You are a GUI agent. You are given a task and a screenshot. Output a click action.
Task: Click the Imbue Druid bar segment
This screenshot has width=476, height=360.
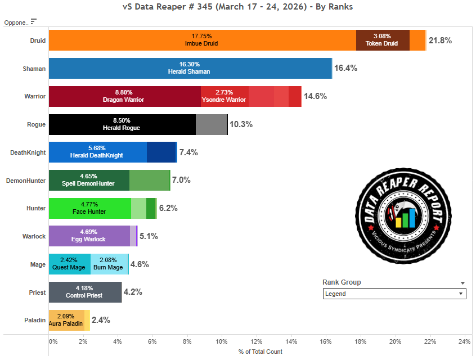(x=202, y=40)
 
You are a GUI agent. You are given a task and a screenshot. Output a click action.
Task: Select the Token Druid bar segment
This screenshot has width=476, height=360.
(x=382, y=40)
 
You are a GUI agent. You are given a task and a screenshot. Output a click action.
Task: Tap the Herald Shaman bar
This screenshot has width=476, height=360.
(x=190, y=68)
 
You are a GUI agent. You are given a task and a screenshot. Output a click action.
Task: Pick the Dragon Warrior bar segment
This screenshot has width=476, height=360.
(x=124, y=96)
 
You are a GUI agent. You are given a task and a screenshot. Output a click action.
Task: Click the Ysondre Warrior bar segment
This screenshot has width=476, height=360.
(x=224, y=96)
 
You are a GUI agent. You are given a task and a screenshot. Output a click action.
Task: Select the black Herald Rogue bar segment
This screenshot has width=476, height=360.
(x=122, y=124)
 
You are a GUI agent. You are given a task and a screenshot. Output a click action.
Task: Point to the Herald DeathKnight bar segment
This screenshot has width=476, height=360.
(x=97, y=152)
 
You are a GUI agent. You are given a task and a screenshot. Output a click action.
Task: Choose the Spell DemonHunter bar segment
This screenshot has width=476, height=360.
(x=89, y=181)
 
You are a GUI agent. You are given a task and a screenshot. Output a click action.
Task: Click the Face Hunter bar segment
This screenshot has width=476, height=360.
(x=89, y=208)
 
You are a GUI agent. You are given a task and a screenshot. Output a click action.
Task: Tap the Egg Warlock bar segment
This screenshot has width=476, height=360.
(x=89, y=236)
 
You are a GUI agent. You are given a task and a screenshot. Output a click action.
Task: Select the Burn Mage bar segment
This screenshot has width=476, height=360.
(x=109, y=264)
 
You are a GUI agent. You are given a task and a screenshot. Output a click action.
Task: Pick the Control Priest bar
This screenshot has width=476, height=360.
(x=85, y=292)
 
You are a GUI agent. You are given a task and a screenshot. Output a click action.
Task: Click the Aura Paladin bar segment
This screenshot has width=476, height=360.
(x=66, y=320)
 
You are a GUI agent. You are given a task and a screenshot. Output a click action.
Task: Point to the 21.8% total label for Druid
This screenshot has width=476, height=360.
(x=440, y=40)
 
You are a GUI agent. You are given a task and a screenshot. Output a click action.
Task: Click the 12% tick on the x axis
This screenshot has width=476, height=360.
(x=257, y=341)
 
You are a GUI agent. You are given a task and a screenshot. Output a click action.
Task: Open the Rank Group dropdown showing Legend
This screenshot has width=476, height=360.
(x=394, y=294)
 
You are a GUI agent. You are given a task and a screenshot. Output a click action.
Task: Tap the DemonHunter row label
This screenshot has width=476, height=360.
(x=26, y=181)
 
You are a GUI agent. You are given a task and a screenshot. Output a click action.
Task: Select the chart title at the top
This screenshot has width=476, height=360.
(x=237, y=7)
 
